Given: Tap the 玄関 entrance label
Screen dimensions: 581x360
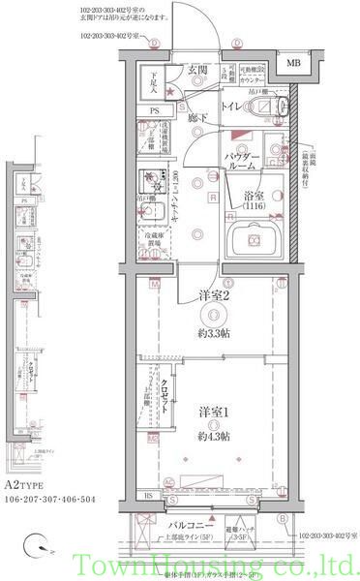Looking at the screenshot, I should pyautogui.click(x=197, y=70).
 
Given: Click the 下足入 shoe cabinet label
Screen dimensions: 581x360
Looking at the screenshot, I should pyautogui.click(x=151, y=78).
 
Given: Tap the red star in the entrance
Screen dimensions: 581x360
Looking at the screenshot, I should pyautogui.click(x=171, y=92).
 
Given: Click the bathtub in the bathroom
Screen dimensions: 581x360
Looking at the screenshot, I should pyautogui.click(x=255, y=236).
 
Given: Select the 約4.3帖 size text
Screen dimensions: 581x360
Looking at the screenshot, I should pyautogui.click(x=212, y=438).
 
